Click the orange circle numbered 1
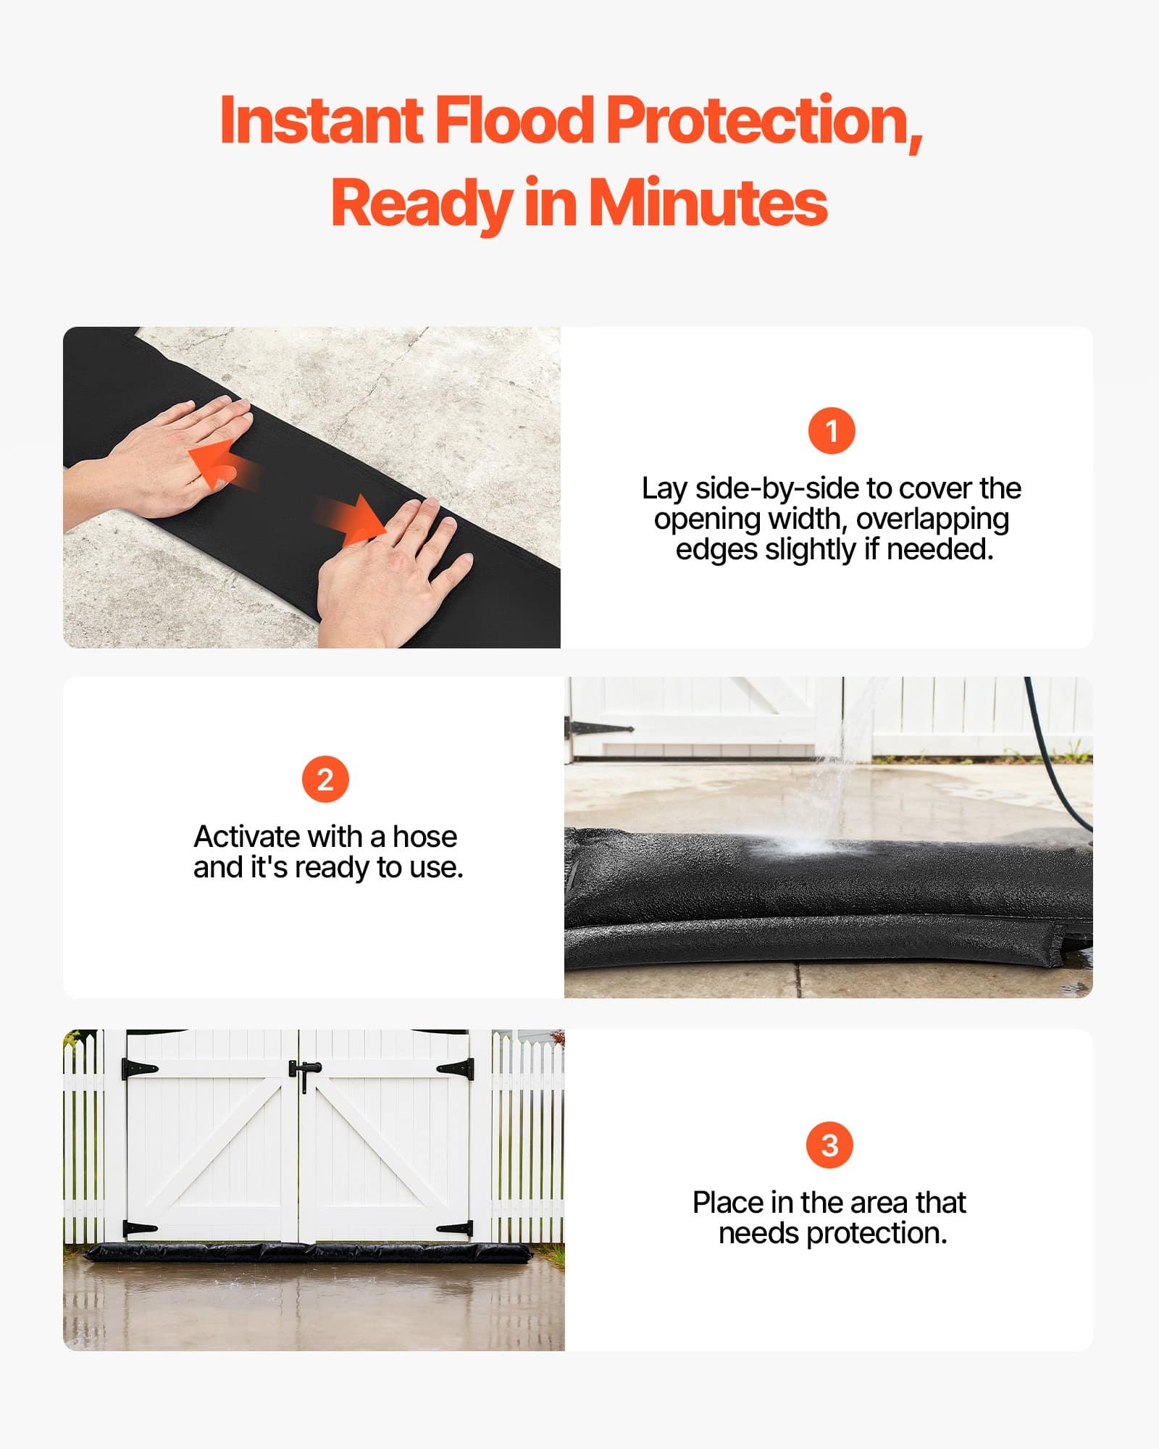pyautogui.click(x=832, y=431)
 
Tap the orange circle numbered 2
pyautogui.click(x=325, y=780)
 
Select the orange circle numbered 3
pyautogui.click(x=829, y=1145)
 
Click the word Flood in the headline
pyautogui.click(x=514, y=120)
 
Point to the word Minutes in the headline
pyautogui.click(x=707, y=203)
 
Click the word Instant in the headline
pyautogui.click(x=321, y=120)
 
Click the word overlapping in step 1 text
pyautogui.click(x=932, y=519)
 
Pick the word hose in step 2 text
pyautogui.click(x=424, y=837)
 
